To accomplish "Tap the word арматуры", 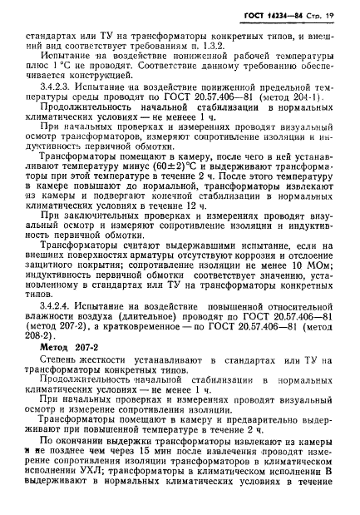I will point(145,286).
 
